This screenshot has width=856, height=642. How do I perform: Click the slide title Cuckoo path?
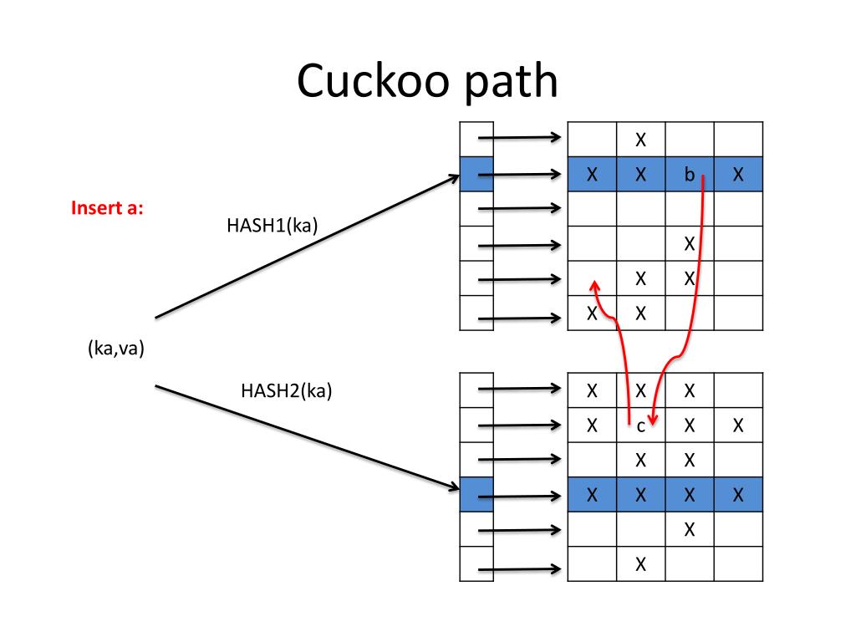(427, 82)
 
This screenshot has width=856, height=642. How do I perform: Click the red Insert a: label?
(107, 208)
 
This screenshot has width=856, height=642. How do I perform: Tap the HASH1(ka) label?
(272, 225)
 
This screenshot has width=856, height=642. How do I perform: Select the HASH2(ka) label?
(286, 390)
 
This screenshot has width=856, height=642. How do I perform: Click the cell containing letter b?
(690, 175)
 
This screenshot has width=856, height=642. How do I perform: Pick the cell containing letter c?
(641, 425)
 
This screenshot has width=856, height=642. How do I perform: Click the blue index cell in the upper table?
(476, 175)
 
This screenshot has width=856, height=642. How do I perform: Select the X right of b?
(738, 175)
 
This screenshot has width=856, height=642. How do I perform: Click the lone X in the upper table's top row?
(641, 140)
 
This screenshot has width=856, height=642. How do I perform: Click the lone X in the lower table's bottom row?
(641, 564)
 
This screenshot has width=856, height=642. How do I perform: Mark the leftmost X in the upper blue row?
(592, 175)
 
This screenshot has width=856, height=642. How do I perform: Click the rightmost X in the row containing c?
(738, 425)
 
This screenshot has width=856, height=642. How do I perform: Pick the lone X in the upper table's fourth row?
(690, 244)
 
